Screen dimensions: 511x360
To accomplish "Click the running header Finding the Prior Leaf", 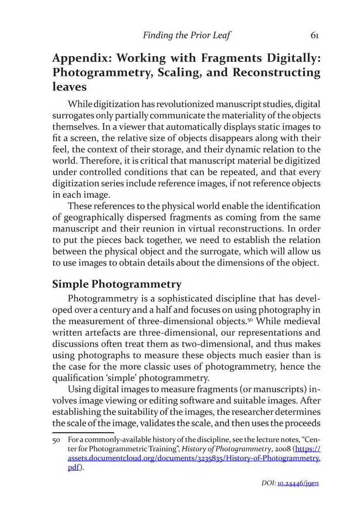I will point(187,35).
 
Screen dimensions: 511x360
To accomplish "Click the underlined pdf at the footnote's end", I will point(74,467).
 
